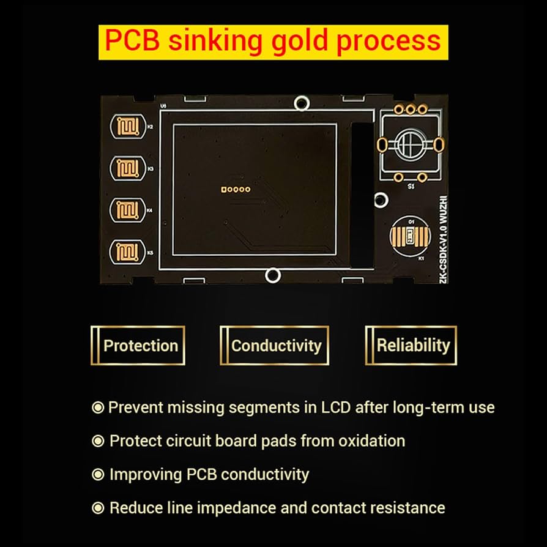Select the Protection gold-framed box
pyautogui.click(x=138, y=346)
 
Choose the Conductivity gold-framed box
pyautogui.click(x=275, y=346)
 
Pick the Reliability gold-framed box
pyautogui.click(x=411, y=346)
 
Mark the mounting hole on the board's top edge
pyautogui.click(x=300, y=103)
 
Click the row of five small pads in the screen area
pyautogui.click(x=236, y=189)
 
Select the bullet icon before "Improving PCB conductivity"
pyautogui.click(x=97, y=474)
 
